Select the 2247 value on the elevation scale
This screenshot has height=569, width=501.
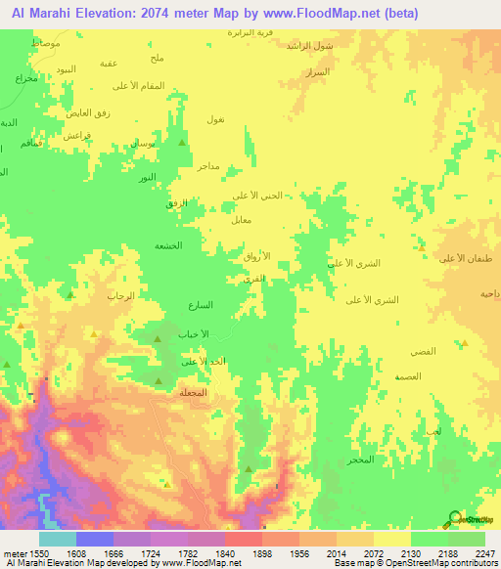point(486,552)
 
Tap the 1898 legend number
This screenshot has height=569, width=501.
point(263,552)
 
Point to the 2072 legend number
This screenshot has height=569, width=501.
point(375,552)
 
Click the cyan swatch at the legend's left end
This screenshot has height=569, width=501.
point(58,539)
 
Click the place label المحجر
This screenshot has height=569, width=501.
point(361,459)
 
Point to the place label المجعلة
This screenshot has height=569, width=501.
point(193,392)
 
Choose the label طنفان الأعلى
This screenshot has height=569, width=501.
point(459,258)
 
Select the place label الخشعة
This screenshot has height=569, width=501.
point(168,245)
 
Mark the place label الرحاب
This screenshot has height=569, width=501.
point(118,294)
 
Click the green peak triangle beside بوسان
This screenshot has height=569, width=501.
point(183,143)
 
